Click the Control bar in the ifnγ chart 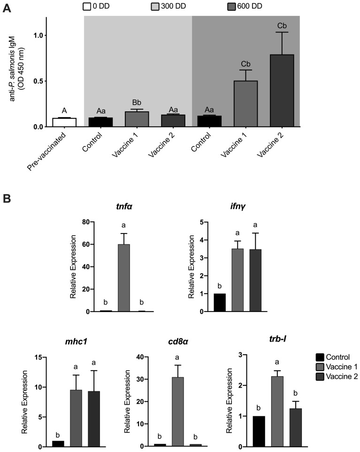tap(220, 303)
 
